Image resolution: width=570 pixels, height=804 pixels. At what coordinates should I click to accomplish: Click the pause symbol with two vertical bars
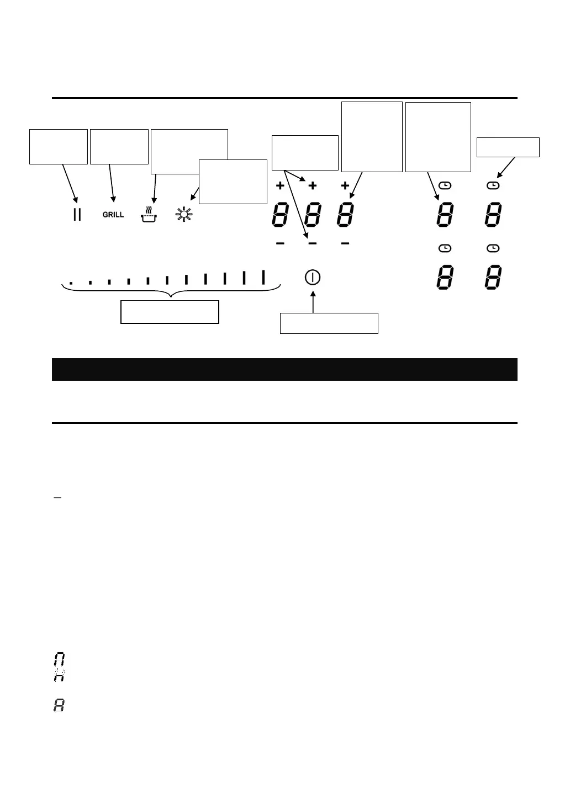[77, 215]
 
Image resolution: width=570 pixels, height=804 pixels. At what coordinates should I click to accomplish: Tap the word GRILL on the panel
[113, 215]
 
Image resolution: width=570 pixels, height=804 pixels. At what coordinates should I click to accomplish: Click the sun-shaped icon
[183, 214]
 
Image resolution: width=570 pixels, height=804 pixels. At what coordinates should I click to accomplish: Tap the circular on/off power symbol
[313, 277]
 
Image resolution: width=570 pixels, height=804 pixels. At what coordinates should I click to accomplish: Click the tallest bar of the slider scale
[263, 277]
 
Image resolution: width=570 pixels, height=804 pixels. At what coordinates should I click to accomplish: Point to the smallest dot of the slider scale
[71, 284]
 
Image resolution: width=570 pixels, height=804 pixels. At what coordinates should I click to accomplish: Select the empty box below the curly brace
[170, 312]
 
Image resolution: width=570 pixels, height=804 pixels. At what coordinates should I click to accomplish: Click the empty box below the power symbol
[329, 323]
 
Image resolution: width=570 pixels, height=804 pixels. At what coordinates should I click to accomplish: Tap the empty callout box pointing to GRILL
[119, 146]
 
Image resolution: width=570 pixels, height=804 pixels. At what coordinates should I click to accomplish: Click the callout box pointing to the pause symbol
[59, 146]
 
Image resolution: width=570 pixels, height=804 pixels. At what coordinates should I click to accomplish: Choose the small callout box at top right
[508, 147]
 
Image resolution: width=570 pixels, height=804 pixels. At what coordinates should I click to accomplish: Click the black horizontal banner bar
[284, 369]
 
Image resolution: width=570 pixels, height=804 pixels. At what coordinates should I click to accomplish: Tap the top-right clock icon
[493, 186]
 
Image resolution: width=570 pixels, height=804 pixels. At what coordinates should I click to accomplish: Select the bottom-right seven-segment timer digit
[493, 278]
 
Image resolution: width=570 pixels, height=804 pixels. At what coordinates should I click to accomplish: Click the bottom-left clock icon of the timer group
[444, 249]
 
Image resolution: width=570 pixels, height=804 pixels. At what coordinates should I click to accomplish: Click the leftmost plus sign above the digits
[280, 186]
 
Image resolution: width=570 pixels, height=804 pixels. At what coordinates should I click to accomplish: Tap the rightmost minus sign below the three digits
[345, 243]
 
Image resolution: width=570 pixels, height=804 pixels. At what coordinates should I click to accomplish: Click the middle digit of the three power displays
[313, 215]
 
